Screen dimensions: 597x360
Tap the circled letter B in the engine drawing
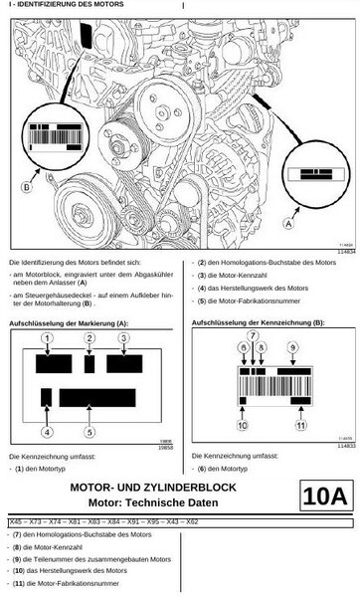coord(26,186)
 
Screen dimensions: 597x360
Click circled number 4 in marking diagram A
coord(46,432)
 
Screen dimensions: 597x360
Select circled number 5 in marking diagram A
coord(90,432)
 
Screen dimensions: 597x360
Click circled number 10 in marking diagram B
coord(242,425)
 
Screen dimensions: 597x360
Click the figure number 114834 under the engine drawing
coord(344,252)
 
